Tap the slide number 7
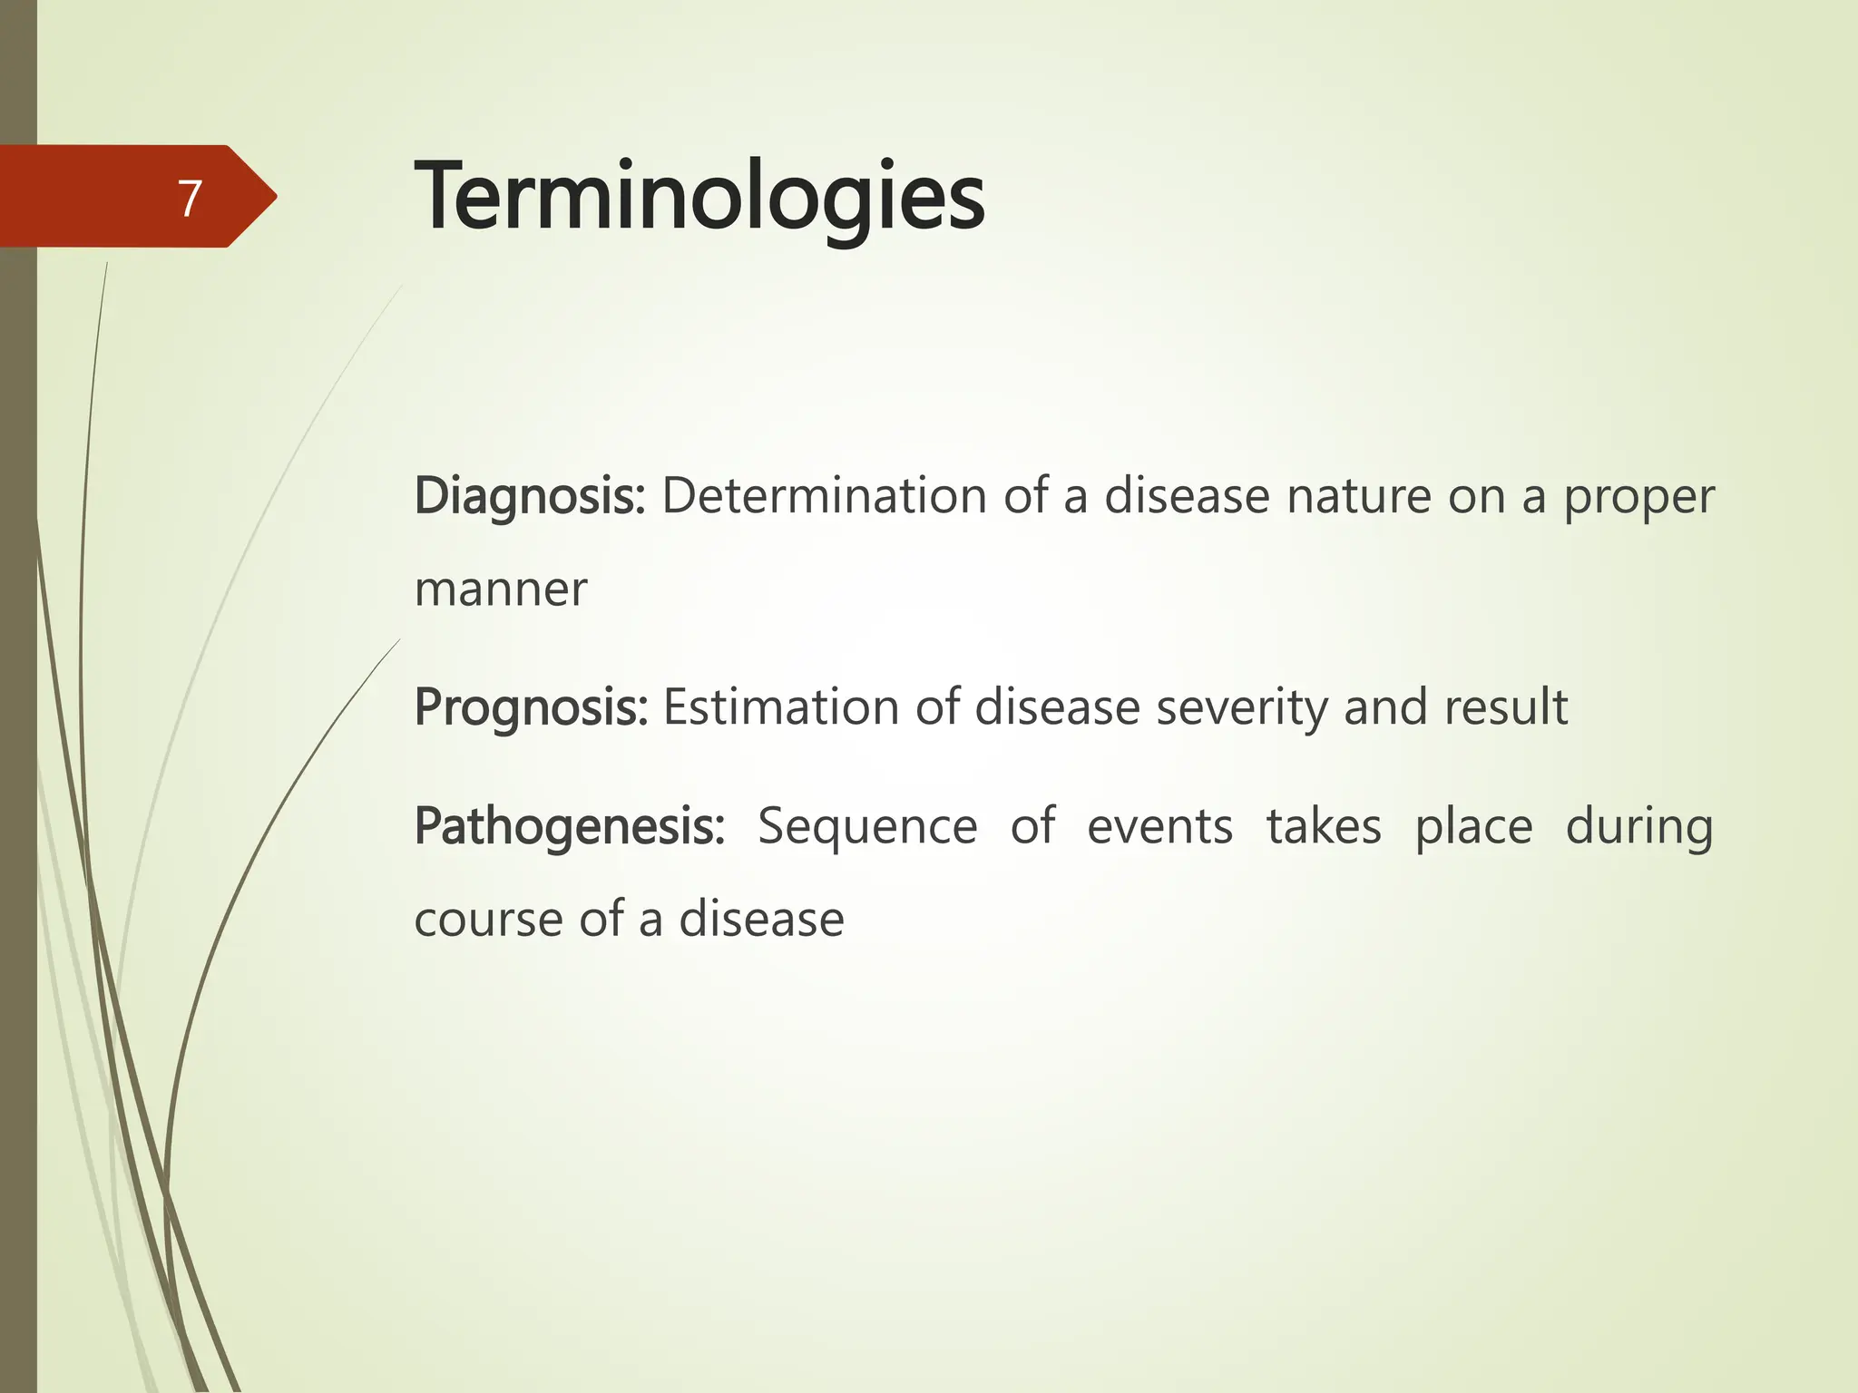pyautogui.click(x=189, y=199)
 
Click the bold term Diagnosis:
pyautogui.click(x=529, y=497)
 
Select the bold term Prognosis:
pyautogui.click(x=531, y=707)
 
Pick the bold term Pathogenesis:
pyautogui.click(x=569, y=827)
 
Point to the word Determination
pyautogui.click(x=824, y=497)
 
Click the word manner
pyautogui.click(x=500, y=589)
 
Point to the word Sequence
pyautogui.click(x=867, y=827)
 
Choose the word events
pyautogui.click(x=1159, y=827)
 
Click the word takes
pyautogui.click(x=1324, y=827)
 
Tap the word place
pyautogui.click(x=1473, y=827)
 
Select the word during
pyautogui.click(x=1638, y=827)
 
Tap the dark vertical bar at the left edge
pyautogui.click(x=18, y=816)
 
